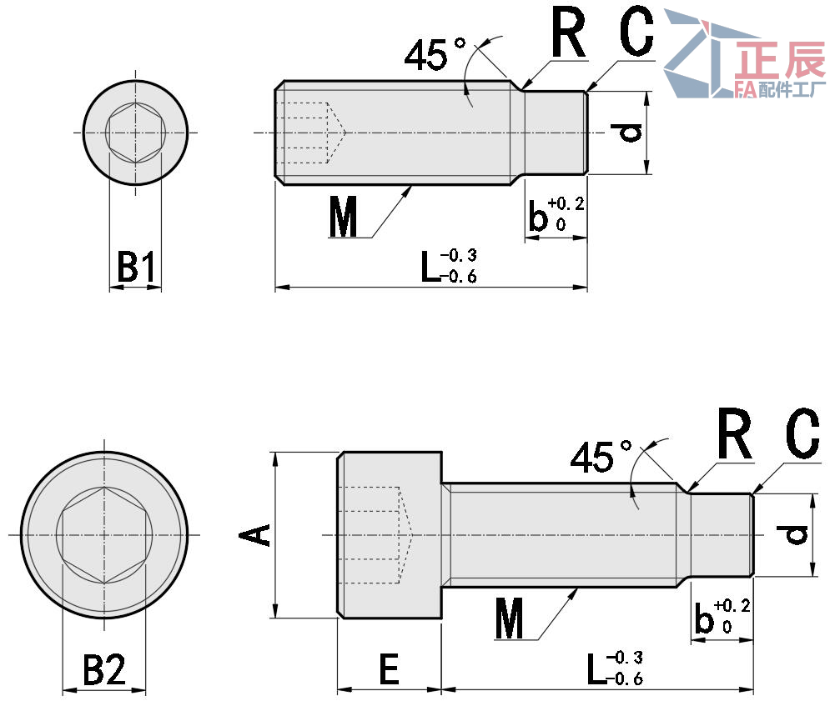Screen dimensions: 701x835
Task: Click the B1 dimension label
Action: tap(134, 268)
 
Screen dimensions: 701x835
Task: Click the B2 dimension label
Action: tap(104, 670)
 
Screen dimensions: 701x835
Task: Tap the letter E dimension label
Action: tap(389, 669)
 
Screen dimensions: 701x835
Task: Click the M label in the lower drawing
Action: tap(509, 621)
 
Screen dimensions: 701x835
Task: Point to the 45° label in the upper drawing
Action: tap(435, 54)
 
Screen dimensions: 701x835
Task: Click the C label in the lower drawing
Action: tap(802, 438)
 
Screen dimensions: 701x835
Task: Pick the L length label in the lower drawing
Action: tap(614, 668)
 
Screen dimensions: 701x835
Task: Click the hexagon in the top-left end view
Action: tap(136, 133)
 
